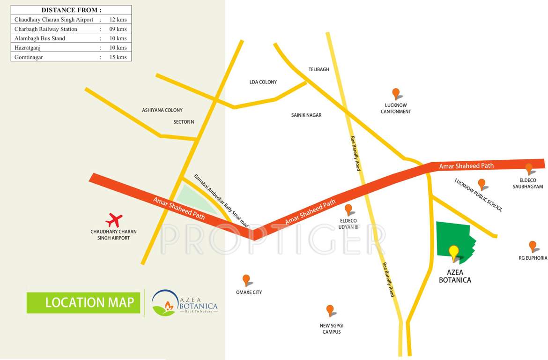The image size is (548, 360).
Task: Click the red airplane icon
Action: (x=114, y=219)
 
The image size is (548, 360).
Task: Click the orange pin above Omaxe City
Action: (x=246, y=280)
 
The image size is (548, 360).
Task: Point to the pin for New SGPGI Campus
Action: (x=330, y=310)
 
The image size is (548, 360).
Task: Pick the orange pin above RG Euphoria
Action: (x=532, y=246)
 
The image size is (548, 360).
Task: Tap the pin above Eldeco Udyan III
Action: (x=348, y=210)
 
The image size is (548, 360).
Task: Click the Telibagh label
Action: (x=318, y=69)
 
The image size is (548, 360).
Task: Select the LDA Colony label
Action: (x=263, y=82)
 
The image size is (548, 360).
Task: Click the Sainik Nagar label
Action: (x=306, y=115)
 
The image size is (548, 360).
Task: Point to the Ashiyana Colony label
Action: (x=162, y=110)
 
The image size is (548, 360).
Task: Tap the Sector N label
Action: (x=184, y=122)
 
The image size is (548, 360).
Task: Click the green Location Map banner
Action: (x=83, y=302)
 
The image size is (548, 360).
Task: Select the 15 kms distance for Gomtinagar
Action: (x=118, y=57)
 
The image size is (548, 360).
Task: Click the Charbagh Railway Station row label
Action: (x=46, y=29)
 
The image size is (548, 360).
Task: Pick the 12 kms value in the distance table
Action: (x=118, y=20)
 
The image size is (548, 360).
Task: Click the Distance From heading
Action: (x=71, y=10)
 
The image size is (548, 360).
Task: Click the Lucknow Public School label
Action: (x=478, y=195)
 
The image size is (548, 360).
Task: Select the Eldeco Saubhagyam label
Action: (x=528, y=183)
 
